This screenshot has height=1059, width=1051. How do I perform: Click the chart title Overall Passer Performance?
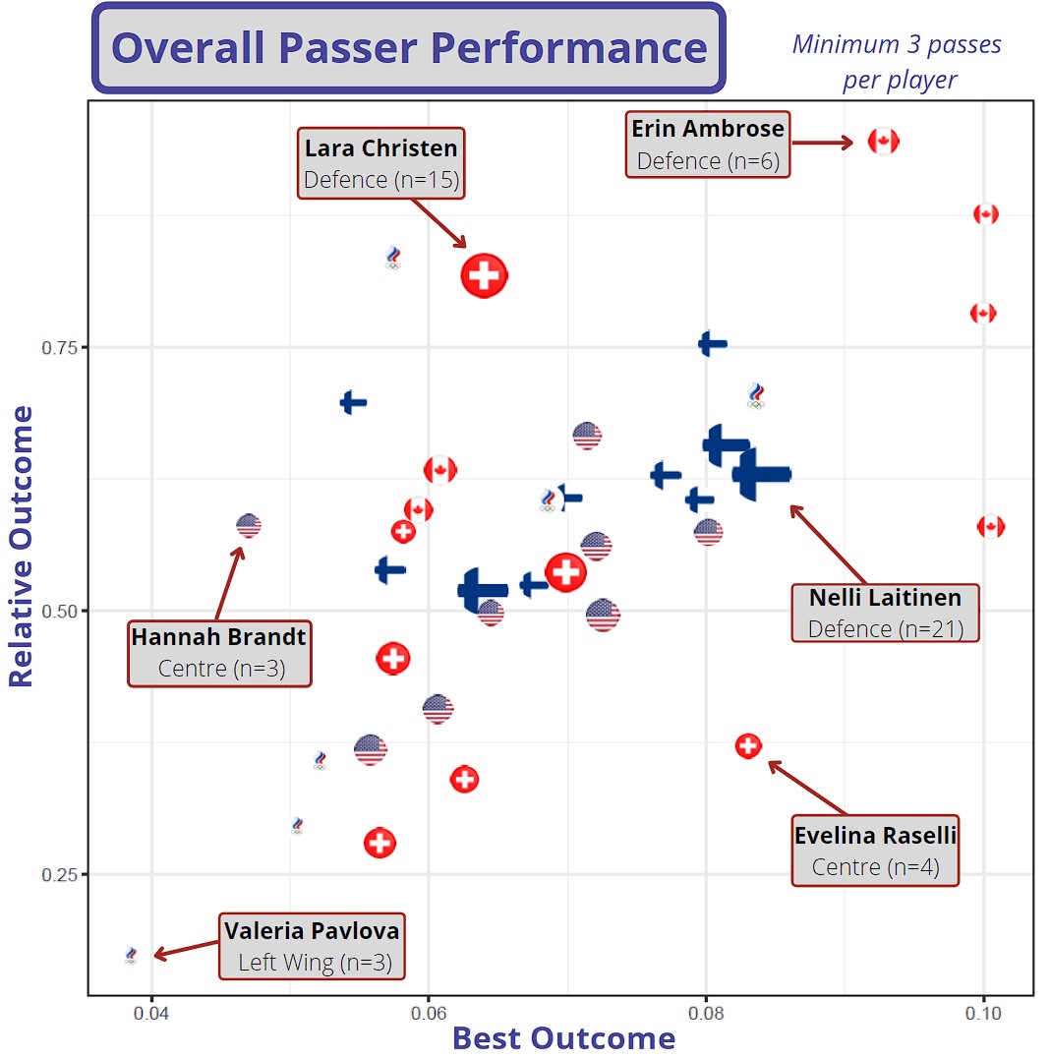408,48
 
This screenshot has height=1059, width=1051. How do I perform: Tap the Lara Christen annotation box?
380,163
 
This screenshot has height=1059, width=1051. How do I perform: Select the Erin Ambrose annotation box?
708,145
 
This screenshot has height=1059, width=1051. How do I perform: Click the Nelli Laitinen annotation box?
885,612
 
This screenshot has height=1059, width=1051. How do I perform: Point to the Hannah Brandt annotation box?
219,652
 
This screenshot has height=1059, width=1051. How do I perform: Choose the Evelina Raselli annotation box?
875,851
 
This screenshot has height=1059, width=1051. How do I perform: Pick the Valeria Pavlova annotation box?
312,946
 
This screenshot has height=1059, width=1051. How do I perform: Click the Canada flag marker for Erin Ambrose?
883,142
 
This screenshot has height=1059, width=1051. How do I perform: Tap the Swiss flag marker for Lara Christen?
484,275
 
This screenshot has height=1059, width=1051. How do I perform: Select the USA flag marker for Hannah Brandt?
249,526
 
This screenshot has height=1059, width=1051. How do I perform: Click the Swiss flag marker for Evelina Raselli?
748,746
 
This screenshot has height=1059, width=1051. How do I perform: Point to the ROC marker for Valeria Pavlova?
131,955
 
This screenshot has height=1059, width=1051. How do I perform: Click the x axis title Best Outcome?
563,1038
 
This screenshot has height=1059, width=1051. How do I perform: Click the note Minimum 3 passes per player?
898,61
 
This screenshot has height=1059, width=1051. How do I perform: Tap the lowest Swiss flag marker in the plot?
380,843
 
